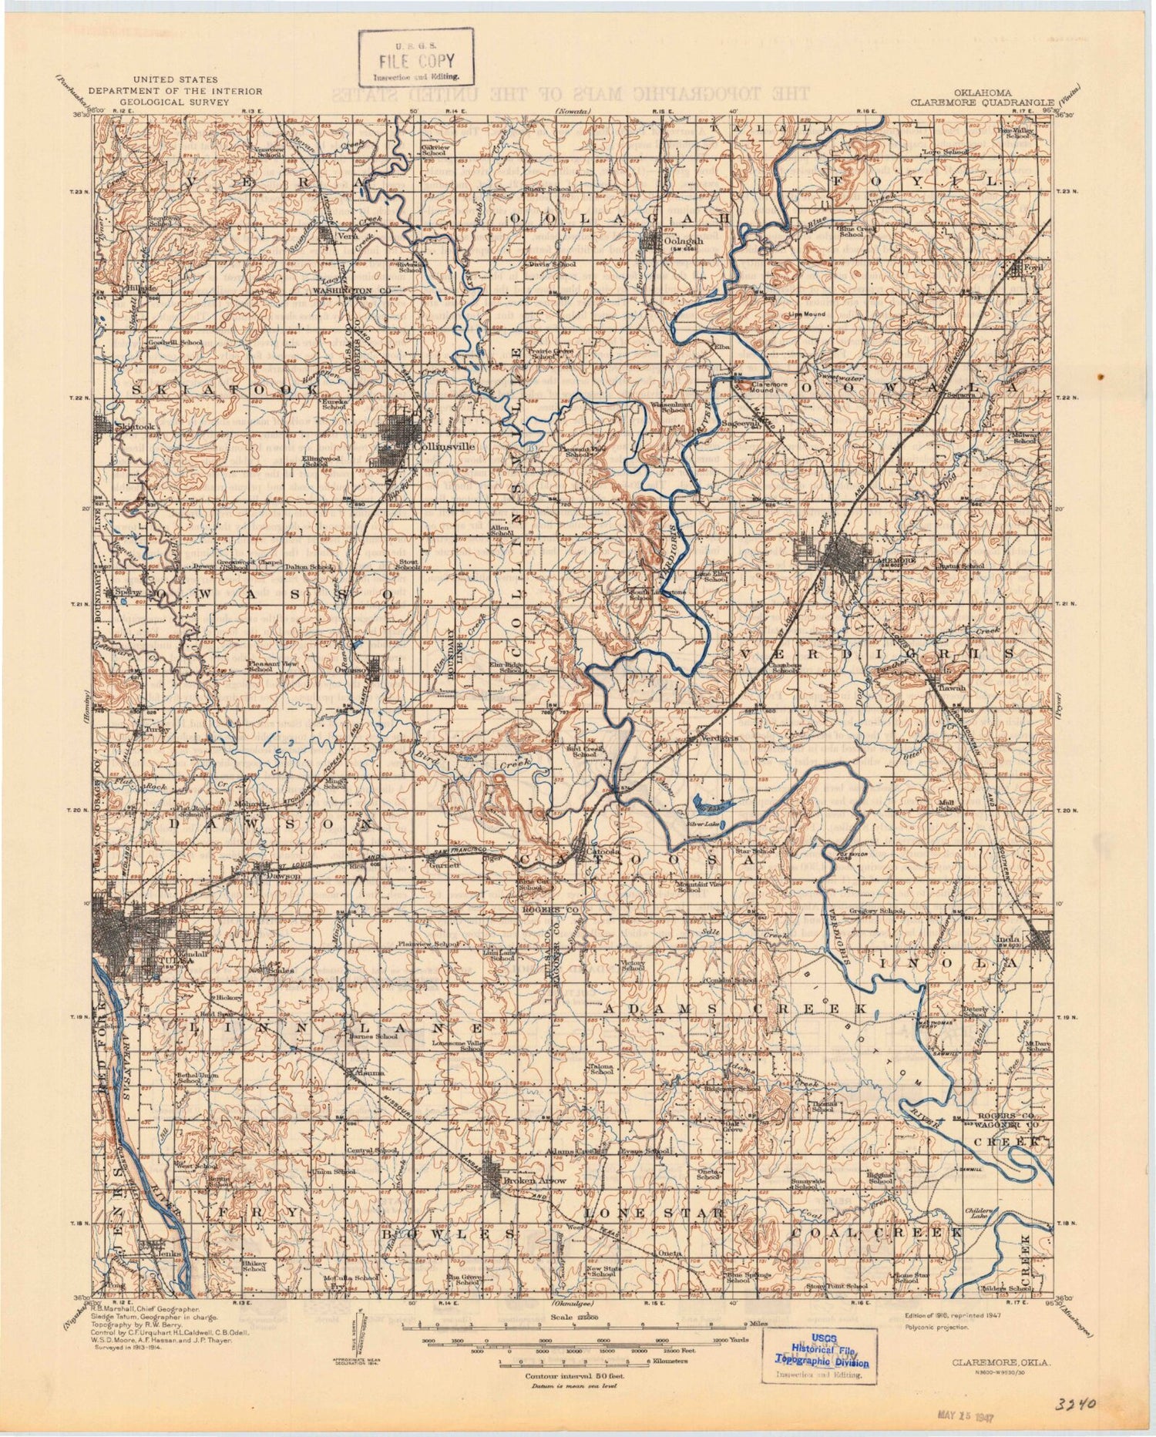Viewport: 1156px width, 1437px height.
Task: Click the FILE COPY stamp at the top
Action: pyautogui.click(x=416, y=58)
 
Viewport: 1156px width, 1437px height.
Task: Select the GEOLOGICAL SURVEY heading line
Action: pyautogui.click(x=174, y=101)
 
